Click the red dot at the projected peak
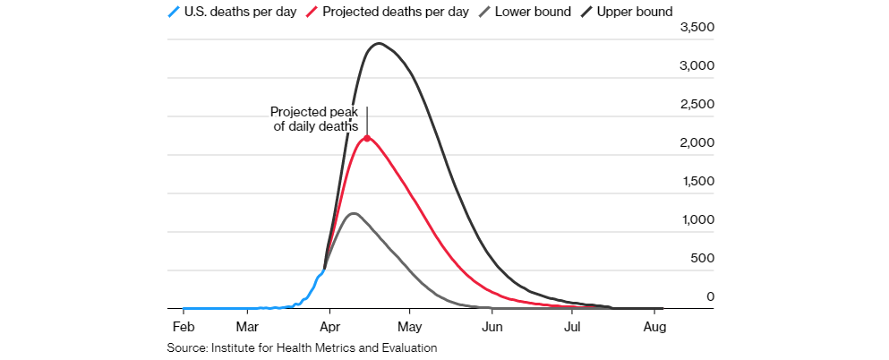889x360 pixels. point(367,138)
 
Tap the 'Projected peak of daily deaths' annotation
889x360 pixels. point(314,120)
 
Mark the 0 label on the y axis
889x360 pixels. point(707,296)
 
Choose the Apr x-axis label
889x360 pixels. point(330,326)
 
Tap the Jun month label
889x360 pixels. point(492,326)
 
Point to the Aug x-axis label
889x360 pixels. point(654,326)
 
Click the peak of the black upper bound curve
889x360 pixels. point(380,43)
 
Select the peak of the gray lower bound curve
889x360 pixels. point(354,213)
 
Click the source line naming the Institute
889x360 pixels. point(302,347)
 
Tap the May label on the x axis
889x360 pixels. point(409,326)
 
